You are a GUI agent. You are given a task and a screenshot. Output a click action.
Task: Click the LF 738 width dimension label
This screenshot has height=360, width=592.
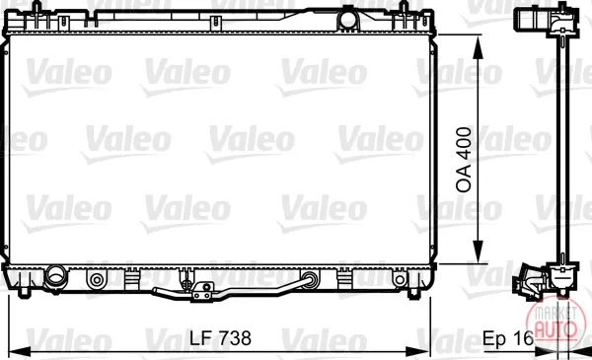coord(220,337)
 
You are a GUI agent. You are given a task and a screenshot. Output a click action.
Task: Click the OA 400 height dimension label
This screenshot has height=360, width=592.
coord(464,160)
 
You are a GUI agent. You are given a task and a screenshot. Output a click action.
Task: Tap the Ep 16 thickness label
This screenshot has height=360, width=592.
coord(508,338)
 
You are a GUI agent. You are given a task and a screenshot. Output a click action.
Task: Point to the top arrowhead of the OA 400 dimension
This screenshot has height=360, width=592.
coord(478,47)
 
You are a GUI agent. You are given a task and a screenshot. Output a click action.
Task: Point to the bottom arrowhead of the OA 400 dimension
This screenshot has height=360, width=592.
coord(478,251)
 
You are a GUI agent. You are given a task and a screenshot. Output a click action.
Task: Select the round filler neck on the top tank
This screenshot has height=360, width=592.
coord(347,20)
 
